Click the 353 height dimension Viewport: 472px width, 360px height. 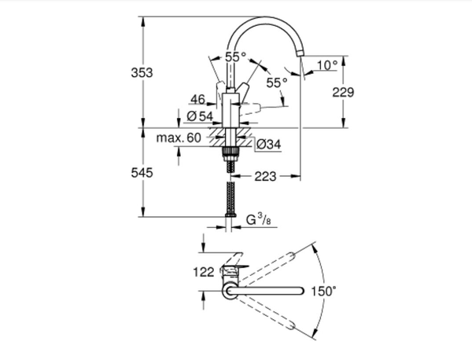click(x=140, y=72)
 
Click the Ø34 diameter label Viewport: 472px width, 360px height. click(x=269, y=144)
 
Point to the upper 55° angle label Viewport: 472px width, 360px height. click(x=235, y=57)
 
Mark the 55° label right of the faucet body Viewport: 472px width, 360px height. click(x=276, y=82)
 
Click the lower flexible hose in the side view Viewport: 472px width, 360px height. click(x=230, y=201)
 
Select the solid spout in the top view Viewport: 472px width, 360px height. click(x=267, y=292)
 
